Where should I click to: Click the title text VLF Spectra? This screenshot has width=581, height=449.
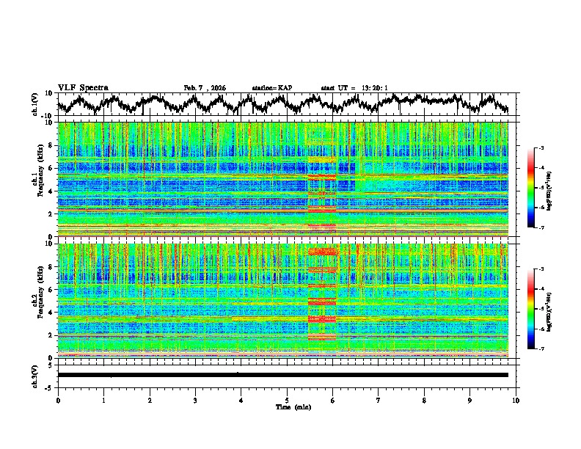(83, 87)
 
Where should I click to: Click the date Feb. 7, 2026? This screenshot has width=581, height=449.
(205, 88)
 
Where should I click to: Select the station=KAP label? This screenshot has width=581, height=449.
(272, 88)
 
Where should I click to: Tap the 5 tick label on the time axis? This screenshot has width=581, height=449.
(287, 400)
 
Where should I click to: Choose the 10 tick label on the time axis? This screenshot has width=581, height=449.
(516, 400)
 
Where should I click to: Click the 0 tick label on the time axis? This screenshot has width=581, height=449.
(58, 400)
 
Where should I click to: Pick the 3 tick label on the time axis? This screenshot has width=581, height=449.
(195, 400)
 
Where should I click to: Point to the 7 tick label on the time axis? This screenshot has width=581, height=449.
(379, 400)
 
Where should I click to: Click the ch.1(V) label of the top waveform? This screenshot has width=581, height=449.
(34, 104)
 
